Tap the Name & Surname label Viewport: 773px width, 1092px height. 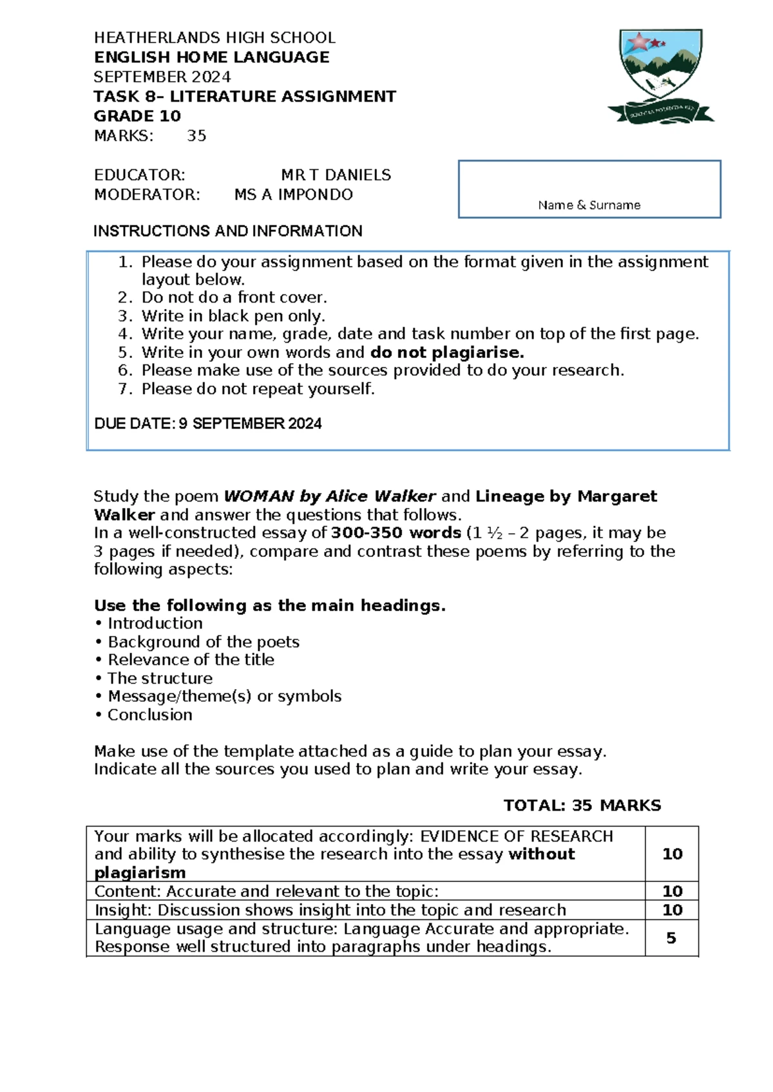tap(589, 205)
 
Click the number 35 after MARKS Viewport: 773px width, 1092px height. tap(196, 136)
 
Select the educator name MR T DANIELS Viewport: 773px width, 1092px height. tap(336, 175)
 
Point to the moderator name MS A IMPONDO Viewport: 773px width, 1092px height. tap(293, 194)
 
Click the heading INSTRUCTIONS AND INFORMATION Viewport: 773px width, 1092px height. tap(227, 231)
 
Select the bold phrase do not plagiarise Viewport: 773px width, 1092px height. tap(447, 352)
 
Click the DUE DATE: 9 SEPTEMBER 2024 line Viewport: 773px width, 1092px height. tap(207, 424)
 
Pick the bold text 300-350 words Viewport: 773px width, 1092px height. tap(396, 533)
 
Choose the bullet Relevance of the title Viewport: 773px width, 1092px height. tap(191, 660)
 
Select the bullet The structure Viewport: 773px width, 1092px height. tap(160, 678)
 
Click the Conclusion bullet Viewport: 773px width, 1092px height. tap(149, 715)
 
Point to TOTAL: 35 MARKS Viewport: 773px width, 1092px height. tap(582, 805)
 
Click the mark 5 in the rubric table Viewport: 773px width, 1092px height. tap(671, 938)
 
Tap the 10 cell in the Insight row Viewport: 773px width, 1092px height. tap(672, 910)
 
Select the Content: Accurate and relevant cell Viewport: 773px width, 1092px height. tap(266, 891)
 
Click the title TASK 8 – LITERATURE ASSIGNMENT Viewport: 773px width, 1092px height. tap(245, 97)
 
